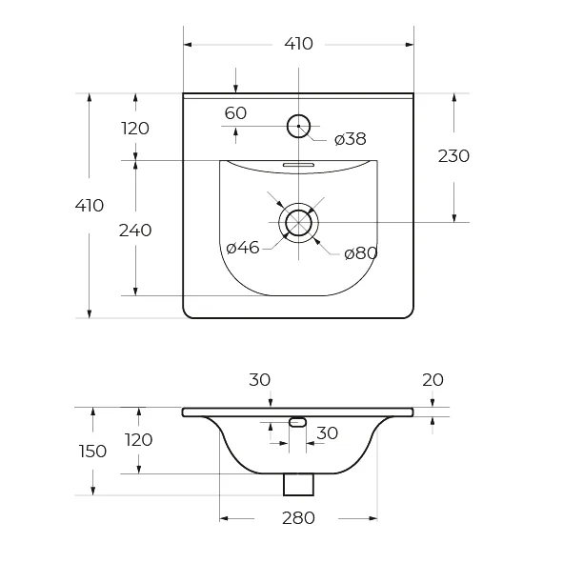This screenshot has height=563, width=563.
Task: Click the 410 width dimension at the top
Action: [x=298, y=44]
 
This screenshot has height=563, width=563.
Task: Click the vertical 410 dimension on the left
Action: [x=89, y=206]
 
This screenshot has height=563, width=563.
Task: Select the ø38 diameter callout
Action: [x=350, y=139]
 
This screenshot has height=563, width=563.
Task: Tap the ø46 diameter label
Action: [x=243, y=248]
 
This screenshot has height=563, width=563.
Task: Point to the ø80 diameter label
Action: [x=360, y=253]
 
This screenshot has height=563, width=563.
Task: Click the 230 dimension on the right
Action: [x=453, y=156]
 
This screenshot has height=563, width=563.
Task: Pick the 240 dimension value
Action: [x=135, y=231]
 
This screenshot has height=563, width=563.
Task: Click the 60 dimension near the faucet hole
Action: [x=235, y=113]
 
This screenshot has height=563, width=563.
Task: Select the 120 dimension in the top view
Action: [x=135, y=129]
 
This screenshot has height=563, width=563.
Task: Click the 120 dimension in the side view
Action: [x=138, y=440]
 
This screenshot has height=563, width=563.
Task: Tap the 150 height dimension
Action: [x=92, y=452]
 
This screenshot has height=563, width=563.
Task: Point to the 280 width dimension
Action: [x=298, y=518]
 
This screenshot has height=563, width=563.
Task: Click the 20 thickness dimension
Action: [x=432, y=380]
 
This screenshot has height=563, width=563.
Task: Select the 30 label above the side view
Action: [x=260, y=380]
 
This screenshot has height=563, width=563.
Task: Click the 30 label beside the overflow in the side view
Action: [x=327, y=433]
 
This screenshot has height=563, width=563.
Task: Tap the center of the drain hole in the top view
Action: [x=298, y=223]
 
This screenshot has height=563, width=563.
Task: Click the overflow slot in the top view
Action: [x=298, y=165]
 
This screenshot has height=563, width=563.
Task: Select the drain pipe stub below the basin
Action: [x=298, y=485]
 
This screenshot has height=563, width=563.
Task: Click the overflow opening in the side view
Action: [x=297, y=423]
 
